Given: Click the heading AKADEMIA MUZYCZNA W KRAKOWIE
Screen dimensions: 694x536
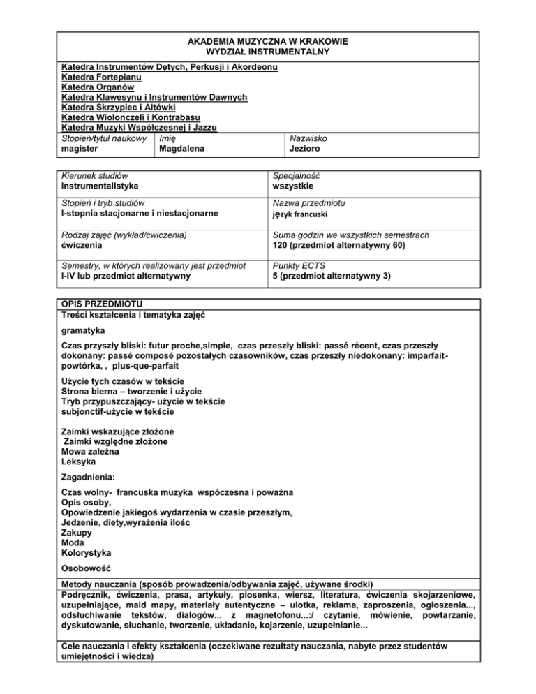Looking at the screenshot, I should (268, 42).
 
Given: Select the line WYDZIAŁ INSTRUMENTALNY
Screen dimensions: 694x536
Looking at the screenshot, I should (268, 52).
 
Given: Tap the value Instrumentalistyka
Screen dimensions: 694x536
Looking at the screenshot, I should (99, 187).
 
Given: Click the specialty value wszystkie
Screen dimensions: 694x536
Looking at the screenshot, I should (294, 187).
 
